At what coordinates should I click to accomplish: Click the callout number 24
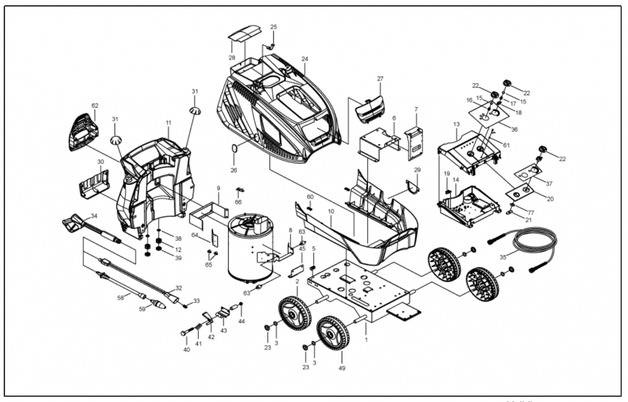305,59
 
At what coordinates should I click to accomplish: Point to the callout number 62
95,106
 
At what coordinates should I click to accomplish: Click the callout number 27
380,79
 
